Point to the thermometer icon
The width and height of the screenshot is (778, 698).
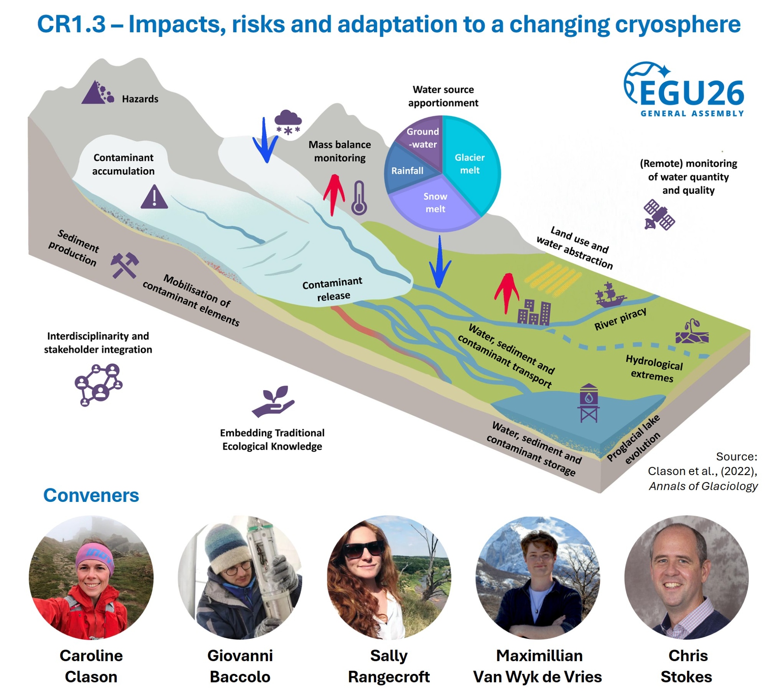tap(359, 198)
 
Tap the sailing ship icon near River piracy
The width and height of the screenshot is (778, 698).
tap(610, 294)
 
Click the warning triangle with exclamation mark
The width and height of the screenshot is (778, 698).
tap(154, 197)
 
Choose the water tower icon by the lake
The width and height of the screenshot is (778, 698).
tap(589, 403)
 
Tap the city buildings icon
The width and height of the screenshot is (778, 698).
tap(534, 312)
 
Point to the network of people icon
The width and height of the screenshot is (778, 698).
tap(99, 385)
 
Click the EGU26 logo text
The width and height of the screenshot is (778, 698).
tap(691, 93)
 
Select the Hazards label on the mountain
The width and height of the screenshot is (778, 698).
tap(140, 99)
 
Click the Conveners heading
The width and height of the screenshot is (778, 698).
tap(91, 495)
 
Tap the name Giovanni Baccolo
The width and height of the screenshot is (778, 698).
tap(240, 666)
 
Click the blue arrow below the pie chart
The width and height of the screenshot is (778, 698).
tap(440, 261)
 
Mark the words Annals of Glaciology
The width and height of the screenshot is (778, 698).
tap(703, 486)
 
